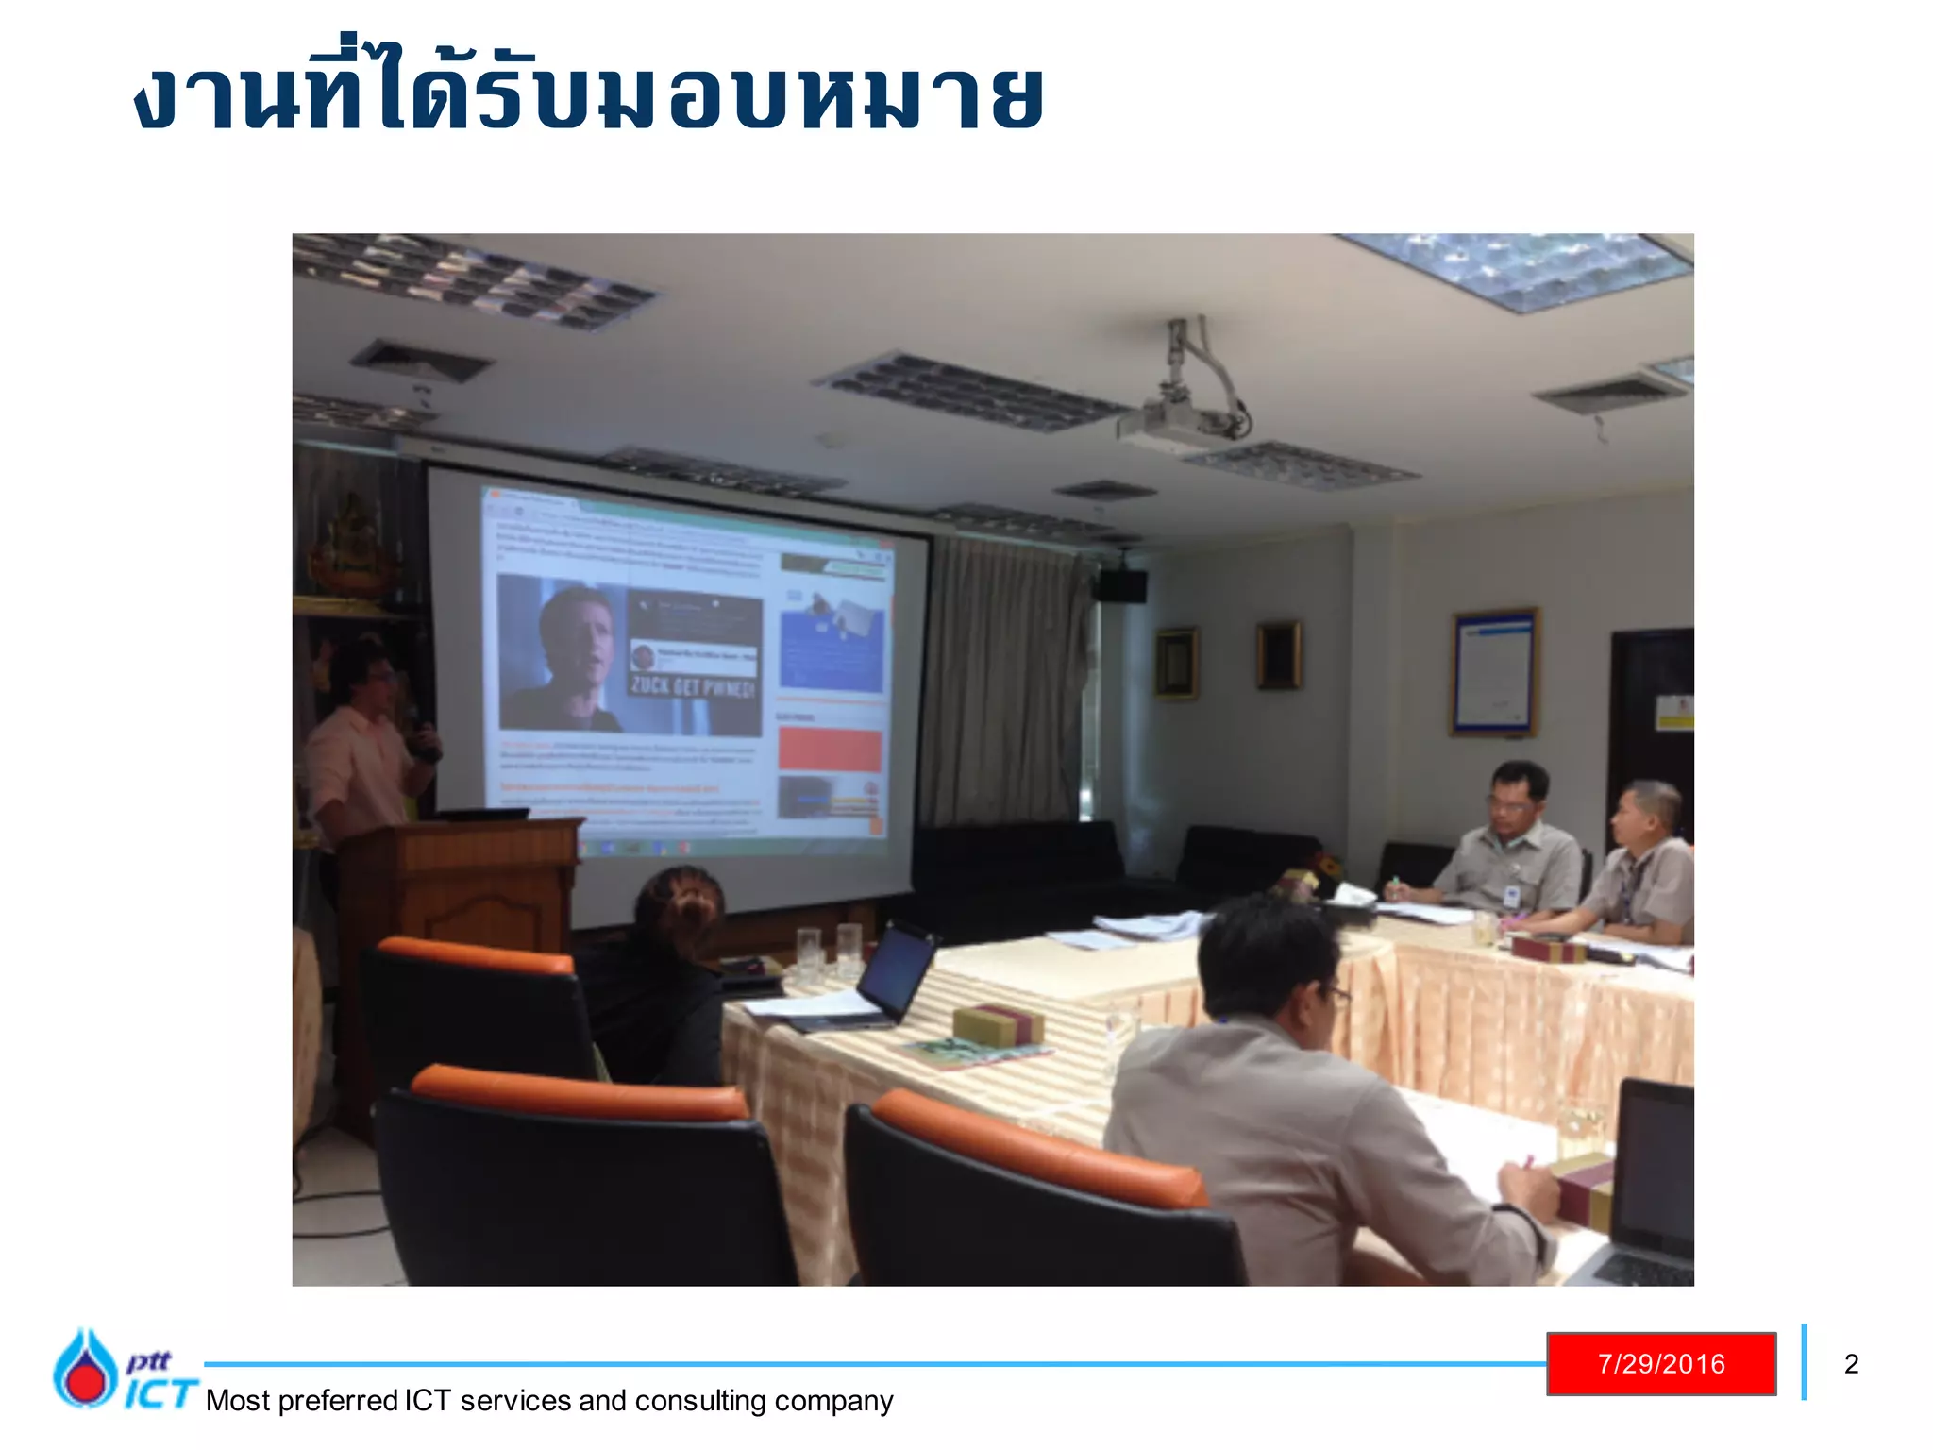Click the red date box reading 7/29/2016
pyautogui.click(x=1660, y=1363)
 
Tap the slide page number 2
pyautogui.click(x=1851, y=1364)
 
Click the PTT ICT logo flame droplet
pyautogui.click(x=84, y=1368)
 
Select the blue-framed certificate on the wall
pyautogui.click(x=1493, y=671)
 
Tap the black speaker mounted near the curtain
pyautogui.click(x=1121, y=585)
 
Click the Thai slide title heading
pyautogui.click(x=589, y=94)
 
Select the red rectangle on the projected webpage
pyautogui.click(x=830, y=749)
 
